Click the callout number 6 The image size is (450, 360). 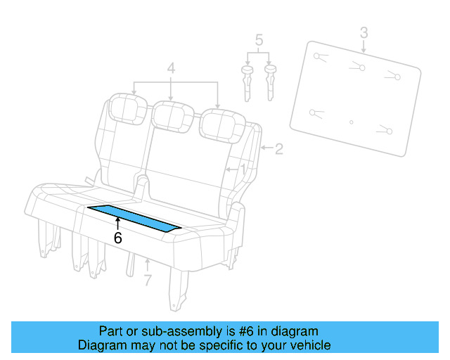point(117,238)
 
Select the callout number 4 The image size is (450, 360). point(172,69)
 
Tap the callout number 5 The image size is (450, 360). point(259,41)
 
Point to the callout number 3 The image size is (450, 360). point(364,32)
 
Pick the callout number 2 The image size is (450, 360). point(279,148)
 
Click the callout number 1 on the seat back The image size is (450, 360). point(243,169)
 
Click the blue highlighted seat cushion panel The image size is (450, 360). point(134,218)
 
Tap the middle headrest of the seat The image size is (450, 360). point(172,115)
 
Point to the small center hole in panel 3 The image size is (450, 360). point(352,122)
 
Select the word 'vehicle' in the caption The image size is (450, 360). point(310,345)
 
